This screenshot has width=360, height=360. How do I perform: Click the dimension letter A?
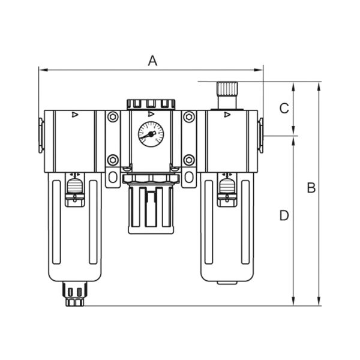152,61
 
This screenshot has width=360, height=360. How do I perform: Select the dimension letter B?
311,188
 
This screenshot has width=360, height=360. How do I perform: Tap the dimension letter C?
284,108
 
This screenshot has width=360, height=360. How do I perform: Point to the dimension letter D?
284,215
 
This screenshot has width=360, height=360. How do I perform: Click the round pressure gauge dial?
151,134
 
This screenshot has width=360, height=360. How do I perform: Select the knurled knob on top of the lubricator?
227,88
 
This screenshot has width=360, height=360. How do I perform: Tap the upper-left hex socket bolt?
113,117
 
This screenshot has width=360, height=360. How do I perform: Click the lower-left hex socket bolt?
113,160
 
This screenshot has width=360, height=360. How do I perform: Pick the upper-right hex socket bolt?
189,117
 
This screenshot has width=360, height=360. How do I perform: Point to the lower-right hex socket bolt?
189,160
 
